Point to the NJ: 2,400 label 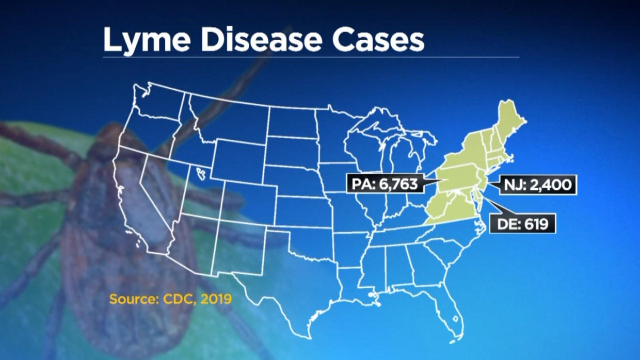538,184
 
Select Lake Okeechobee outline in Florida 455,318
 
